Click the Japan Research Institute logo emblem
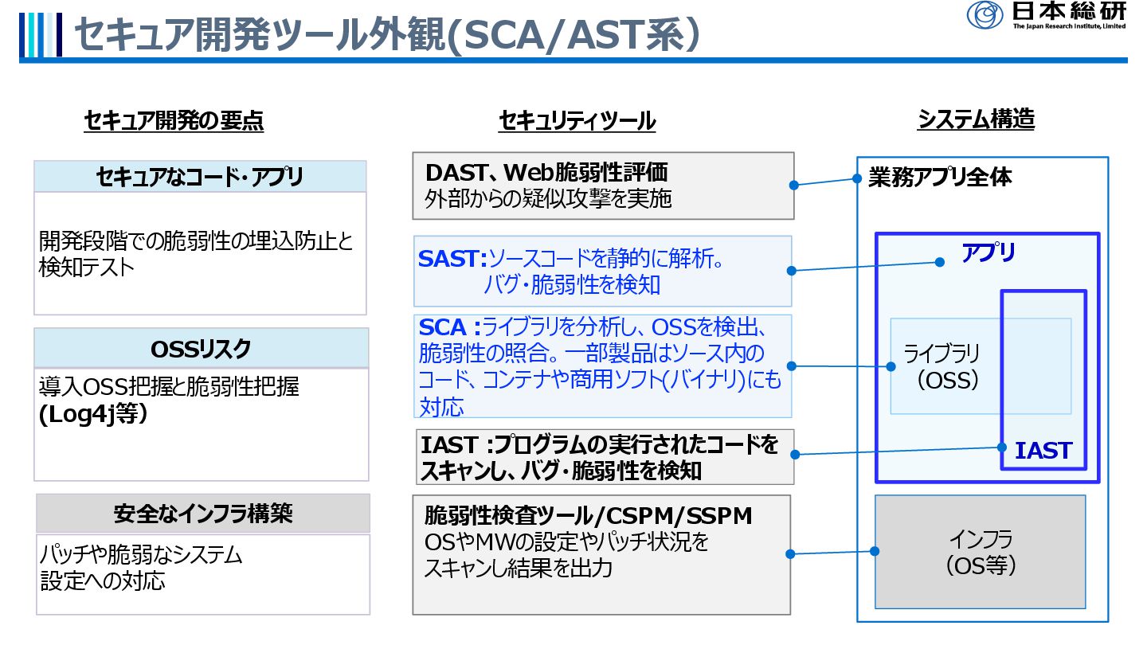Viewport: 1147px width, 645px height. tap(985, 14)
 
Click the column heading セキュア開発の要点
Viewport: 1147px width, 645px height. tap(174, 120)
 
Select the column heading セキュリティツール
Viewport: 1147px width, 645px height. tap(577, 121)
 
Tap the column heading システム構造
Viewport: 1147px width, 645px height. tap(976, 119)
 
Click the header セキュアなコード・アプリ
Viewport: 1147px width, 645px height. tap(199, 176)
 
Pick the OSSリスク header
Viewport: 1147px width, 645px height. tap(201, 348)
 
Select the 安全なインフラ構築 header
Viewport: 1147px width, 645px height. tap(203, 514)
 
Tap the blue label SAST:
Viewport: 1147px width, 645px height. tap(452, 259)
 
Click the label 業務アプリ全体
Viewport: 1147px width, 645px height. tap(940, 178)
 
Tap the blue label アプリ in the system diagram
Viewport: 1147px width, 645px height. tap(988, 254)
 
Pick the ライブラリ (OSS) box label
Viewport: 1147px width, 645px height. tap(941, 366)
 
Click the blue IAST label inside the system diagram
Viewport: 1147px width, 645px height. tap(1043, 451)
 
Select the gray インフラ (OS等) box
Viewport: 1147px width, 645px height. tap(980, 552)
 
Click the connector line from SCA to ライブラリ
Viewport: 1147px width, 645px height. tap(841, 366)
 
